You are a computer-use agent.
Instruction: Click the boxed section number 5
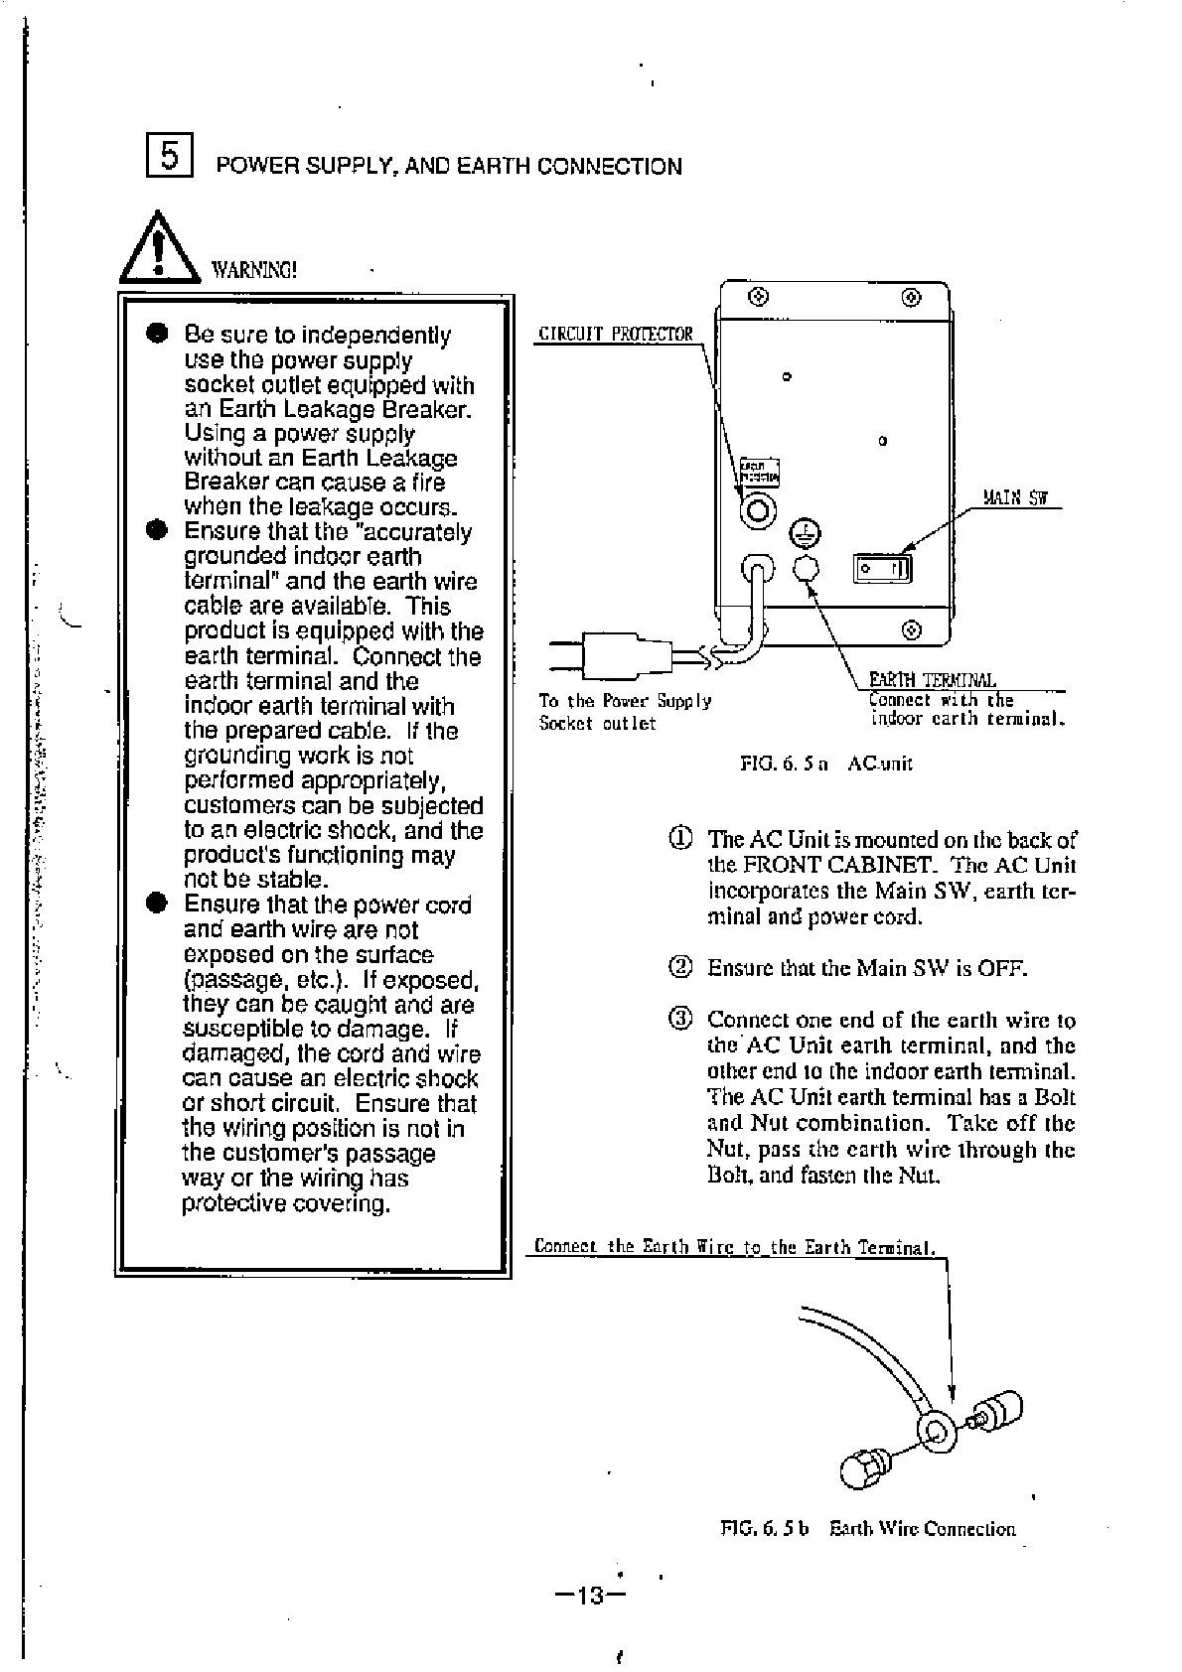point(170,157)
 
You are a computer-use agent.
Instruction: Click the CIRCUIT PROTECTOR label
point(614,334)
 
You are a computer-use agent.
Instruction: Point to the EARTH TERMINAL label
point(932,679)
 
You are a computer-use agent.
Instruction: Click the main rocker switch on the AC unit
point(882,569)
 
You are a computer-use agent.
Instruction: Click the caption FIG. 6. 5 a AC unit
point(825,763)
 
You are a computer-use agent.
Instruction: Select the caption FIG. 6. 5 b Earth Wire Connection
point(867,1529)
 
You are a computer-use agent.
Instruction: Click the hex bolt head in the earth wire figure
point(859,1469)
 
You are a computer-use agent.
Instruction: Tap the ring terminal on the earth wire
point(937,1431)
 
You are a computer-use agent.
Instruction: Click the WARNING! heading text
point(253,270)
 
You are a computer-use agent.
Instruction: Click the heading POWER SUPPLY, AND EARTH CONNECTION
point(449,167)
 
